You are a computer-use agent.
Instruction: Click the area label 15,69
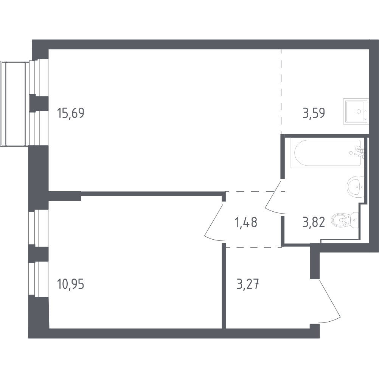pos(71,113)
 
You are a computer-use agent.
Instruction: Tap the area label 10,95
pos(71,284)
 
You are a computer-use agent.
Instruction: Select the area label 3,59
pos(314,113)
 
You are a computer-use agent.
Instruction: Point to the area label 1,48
pos(246,222)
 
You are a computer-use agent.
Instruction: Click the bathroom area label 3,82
pos(314,222)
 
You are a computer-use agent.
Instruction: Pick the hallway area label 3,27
pos(247,284)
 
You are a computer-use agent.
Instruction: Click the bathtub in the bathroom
pos(328,153)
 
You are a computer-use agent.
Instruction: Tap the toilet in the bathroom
pos(345,220)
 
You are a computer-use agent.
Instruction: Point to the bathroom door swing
pos(273,197)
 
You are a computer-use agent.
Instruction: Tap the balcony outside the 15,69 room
pos(15,100)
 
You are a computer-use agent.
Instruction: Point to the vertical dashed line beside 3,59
pos(281,91)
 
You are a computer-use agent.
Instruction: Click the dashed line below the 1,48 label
pos(253,247)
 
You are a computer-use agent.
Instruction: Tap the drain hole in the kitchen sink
pos(359,112)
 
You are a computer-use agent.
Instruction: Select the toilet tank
pos(354,220)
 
